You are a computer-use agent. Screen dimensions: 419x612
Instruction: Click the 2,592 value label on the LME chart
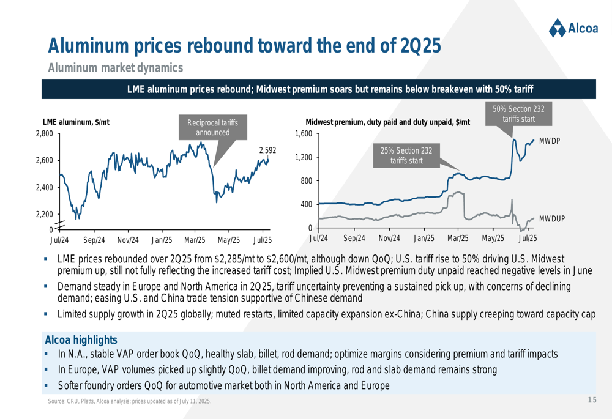[268, 150]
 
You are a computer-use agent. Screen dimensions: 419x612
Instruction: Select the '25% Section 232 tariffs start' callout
[406, 155]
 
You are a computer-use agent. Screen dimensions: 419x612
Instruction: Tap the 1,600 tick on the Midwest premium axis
[304, 133]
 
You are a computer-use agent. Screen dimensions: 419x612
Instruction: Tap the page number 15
[591, 400]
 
